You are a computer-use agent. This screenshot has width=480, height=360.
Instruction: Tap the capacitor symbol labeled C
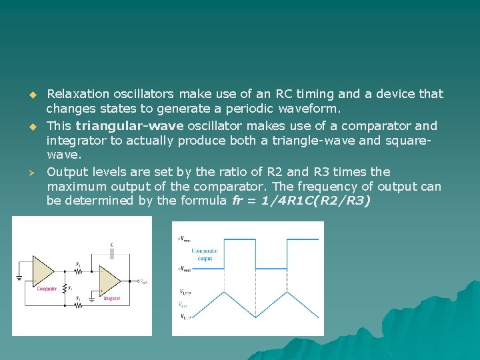click(x=112, y=254)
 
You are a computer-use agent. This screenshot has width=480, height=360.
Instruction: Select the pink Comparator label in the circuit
click(x=47, y=289)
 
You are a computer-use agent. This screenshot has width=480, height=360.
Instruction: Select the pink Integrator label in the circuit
click(x=111, y=298)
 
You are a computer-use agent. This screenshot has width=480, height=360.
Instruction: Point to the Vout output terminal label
click(x=143, y=281)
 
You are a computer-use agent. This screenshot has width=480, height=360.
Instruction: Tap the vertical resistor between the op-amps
click(x=65, y=287)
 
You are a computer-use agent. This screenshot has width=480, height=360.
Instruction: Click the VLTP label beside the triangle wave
click(x=187, y=316)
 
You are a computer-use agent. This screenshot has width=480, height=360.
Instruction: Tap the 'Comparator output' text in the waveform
click(x=205, y=254)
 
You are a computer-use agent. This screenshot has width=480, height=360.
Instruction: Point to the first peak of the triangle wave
click(x=224, y=291)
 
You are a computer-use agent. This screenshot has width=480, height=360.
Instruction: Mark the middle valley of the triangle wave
click(x=256, y=316)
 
